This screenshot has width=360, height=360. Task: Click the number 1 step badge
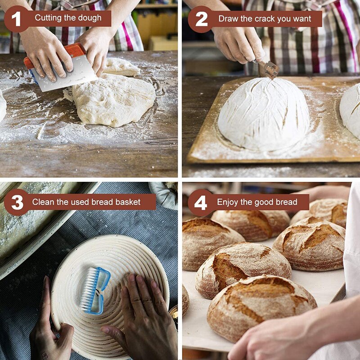coord(16,19)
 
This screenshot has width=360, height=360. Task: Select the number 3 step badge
coord(17,202)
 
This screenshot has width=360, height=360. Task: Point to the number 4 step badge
coord(200,202)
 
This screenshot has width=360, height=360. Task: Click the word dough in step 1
coord(90,18)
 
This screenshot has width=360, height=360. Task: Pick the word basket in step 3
coord(128,202)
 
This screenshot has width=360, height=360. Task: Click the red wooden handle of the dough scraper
coord(54,55)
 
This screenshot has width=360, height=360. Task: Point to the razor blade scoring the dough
coord(269,70)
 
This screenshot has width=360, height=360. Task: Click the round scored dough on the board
coord(264,114)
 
